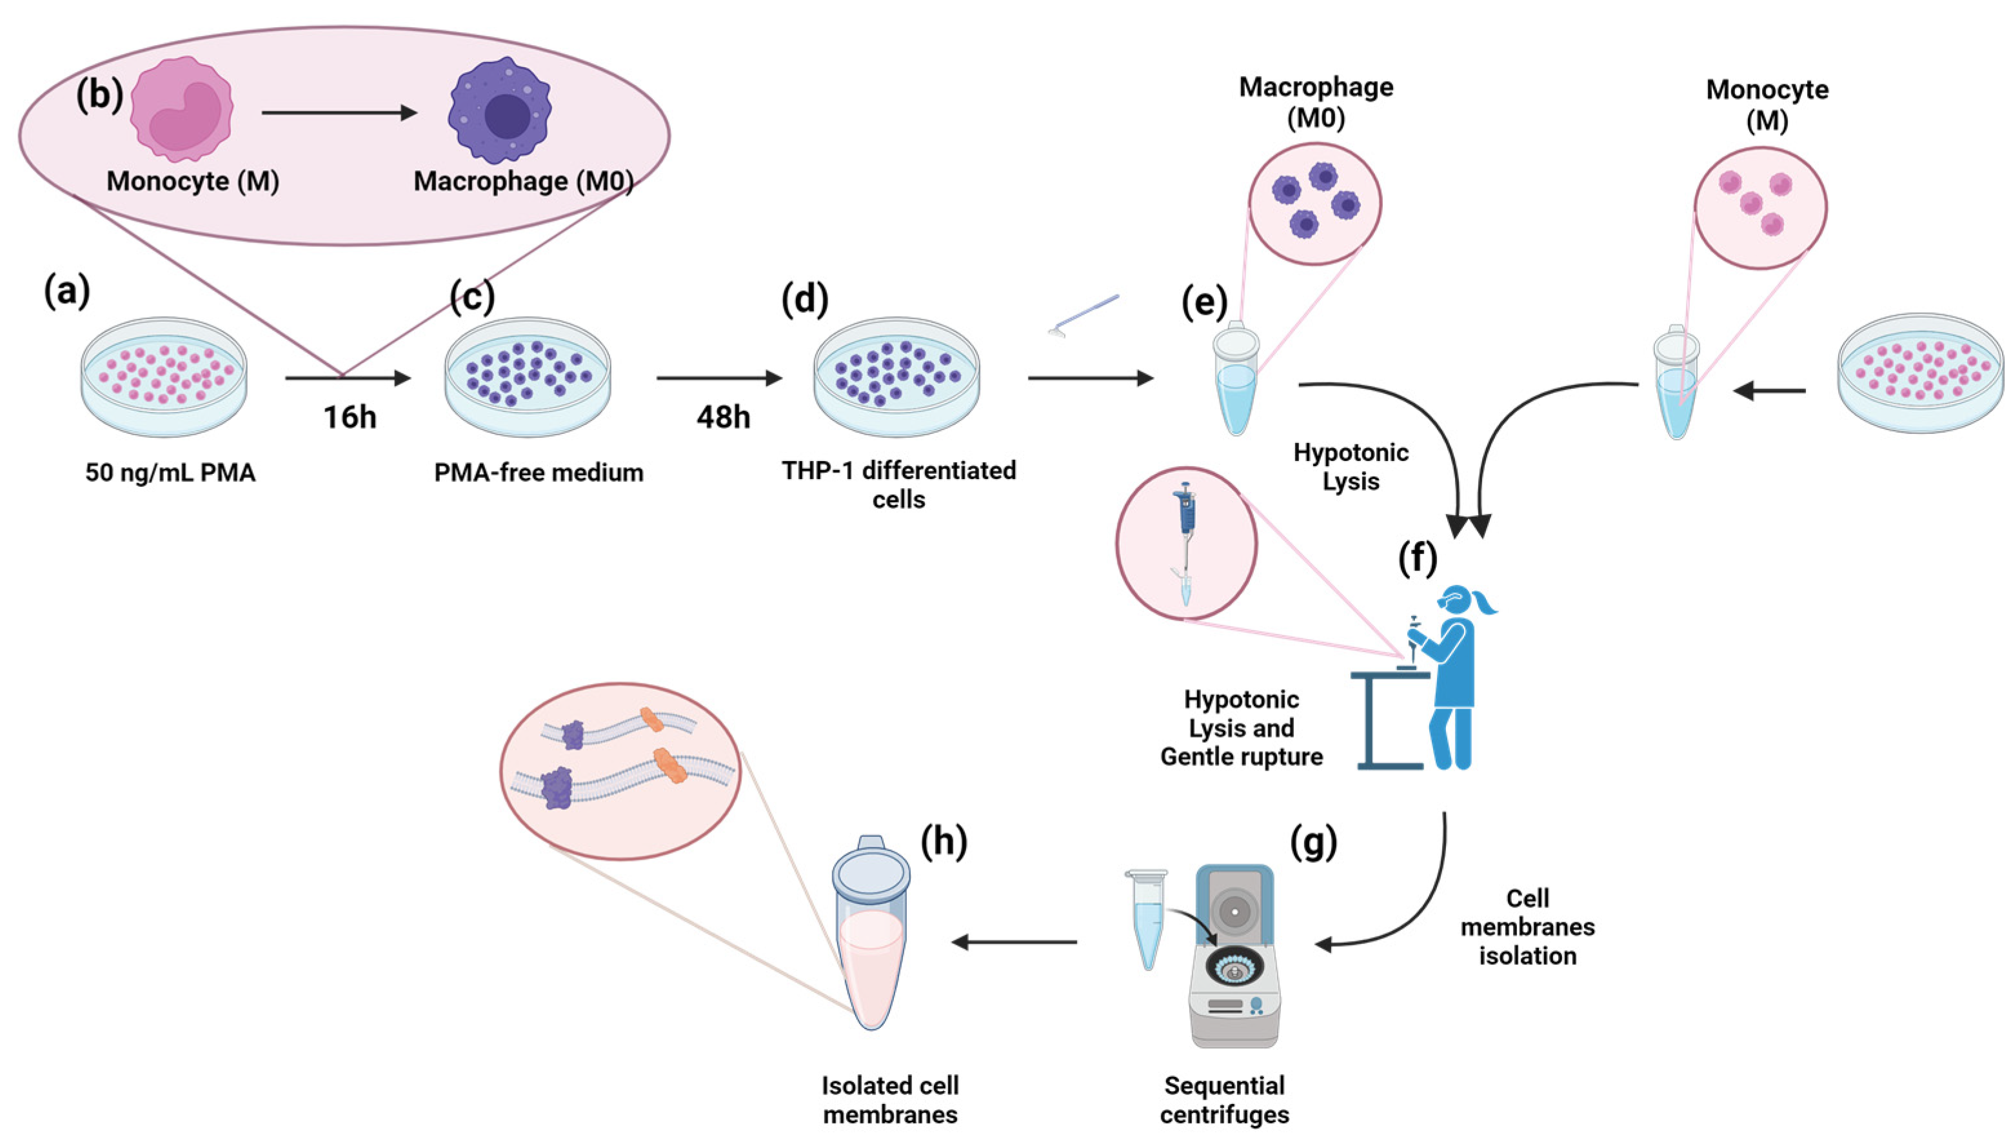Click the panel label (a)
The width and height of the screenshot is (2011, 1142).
[x=66, y=291]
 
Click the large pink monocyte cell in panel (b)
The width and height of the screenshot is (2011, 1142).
[x=182, y=110]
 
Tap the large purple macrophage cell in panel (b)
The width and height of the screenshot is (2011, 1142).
[x=500, y=111]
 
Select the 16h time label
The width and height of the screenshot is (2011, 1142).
[x=350, y=417]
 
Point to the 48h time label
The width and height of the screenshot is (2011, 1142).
[x=723, y=417]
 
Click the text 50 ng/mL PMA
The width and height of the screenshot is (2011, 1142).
[x=170, y=473]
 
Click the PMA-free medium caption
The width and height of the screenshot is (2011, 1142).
[x=539, y=472]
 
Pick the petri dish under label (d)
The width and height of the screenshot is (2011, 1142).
[x=897, y=377]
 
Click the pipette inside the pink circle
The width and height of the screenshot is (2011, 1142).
[x=1185, y=541]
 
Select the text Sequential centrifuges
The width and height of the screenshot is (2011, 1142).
[x=1224, y=1099]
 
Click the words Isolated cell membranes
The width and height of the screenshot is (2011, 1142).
[x=890, y=1099]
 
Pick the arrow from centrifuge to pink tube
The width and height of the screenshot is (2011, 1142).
[x=1014, y=941]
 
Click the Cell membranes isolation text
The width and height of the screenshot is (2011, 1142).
[x=1527, y=927]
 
